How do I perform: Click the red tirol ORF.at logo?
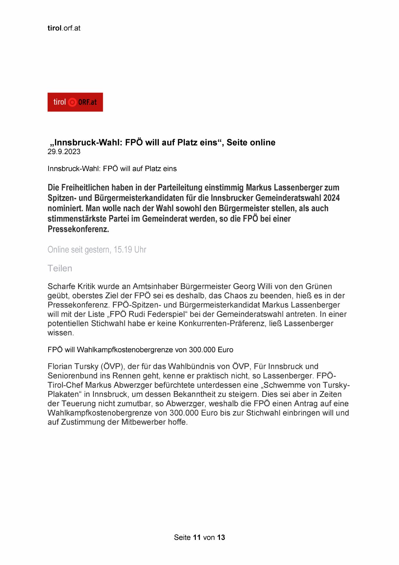tap(75, 102)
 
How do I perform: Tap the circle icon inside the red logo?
tap(73, 102)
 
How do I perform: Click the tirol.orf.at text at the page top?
tap(64, 28)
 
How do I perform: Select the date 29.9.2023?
tap(64, 152)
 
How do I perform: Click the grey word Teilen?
tap(60, 268)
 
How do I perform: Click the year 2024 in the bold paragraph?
tap(331, 198)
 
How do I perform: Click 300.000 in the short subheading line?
tap(202, 350)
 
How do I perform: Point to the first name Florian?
tap(61, 367)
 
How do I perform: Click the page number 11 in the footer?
tap(197, 537)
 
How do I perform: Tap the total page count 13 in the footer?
tap(221, 537)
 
